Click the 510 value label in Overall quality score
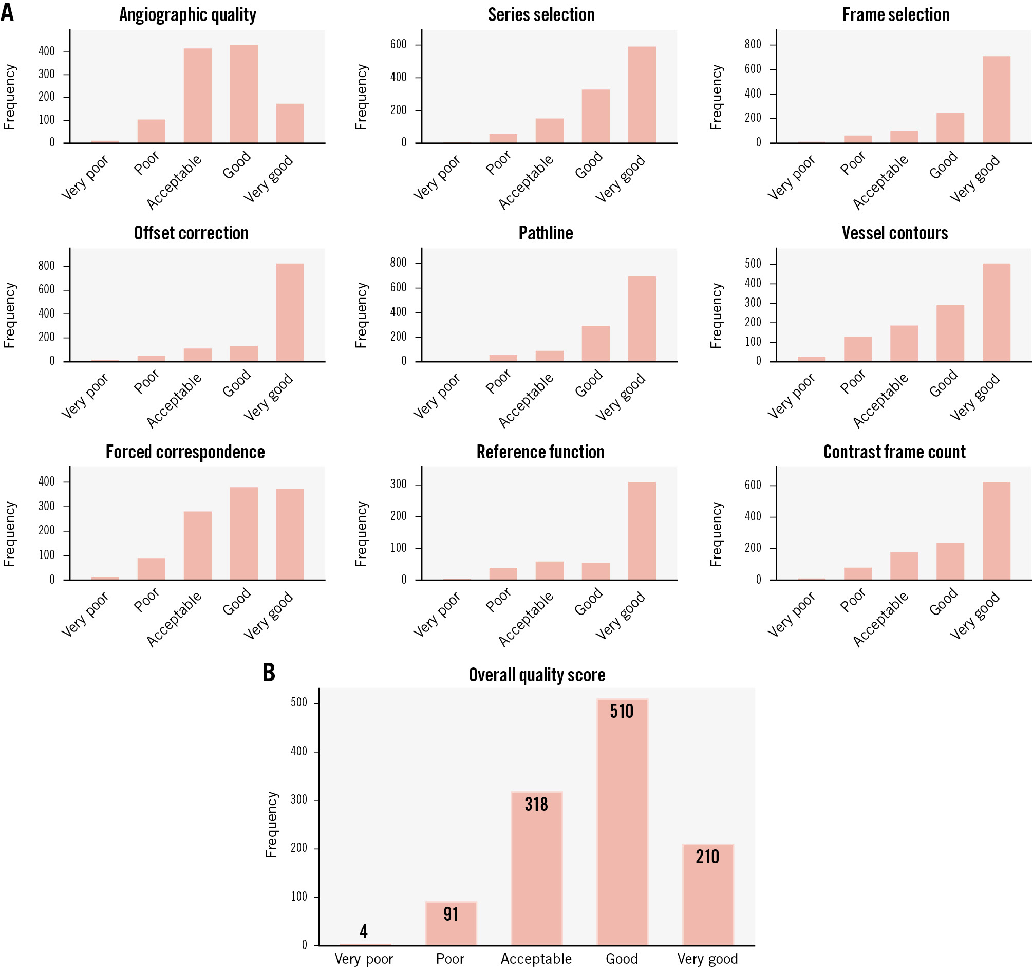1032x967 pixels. click(622, 711)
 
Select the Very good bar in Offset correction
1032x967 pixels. click(290, 312)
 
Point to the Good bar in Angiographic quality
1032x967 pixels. click(243, 94)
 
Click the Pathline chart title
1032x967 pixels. click(546, 233)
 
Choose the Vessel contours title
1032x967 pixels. click(894, 233)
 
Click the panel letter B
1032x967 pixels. click(268, 673)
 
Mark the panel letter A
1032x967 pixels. click(7, 12)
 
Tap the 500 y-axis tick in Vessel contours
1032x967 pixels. click(752, 264)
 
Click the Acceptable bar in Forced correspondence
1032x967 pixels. click(197, 545)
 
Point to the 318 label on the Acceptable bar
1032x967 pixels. click(536, 805)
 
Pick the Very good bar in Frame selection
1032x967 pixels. click(996, 99)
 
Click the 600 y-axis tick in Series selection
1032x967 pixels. click(398, 44)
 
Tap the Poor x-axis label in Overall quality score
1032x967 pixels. click(450, 959)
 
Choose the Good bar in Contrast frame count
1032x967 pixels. click(950, 561)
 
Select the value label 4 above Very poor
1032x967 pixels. click(364, 931)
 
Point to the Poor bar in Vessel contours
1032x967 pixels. click(857, 349)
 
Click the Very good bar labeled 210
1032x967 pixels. click(707, 899)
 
